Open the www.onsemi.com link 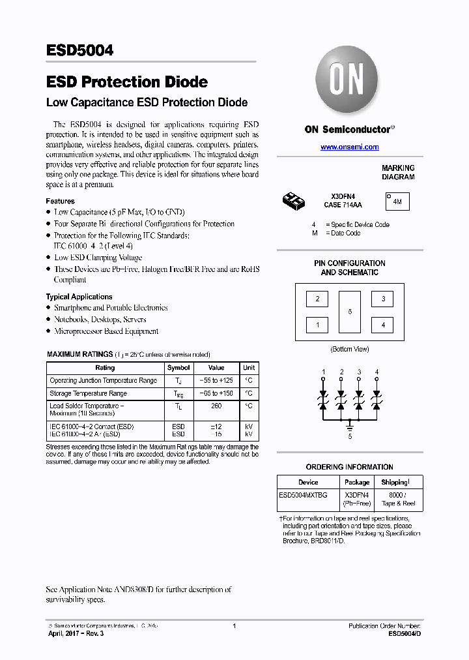(x=349, y=147)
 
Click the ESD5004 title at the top (x=79, y=51)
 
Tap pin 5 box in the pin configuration (x=350, y=312)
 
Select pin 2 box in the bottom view (x=317, y=299)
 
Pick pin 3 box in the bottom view (x=382, y=299)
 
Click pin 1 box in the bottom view (x=317, y=324)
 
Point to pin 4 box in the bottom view (x=382, y=324)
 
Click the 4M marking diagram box (x=397, y=202)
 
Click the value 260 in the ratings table (x=216, y=406)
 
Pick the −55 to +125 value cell (x=216, y=380)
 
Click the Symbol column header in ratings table (x=178, y=368)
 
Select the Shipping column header (x=395, y=483)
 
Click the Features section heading (x=60, y=201)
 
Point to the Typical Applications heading (x=79, y=297)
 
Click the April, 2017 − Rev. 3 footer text (x=76, y=633)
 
